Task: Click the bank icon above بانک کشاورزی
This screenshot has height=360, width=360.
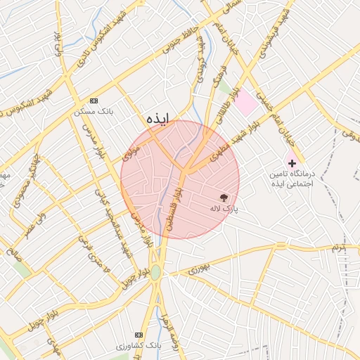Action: coord(139,335)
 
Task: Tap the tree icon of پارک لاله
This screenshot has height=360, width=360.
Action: coord(224,198)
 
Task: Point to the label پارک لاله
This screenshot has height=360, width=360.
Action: coord(224,209)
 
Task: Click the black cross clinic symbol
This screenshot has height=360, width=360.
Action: coord(292,162)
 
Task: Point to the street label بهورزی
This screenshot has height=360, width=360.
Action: coord(199,268)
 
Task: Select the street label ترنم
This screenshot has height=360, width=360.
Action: coord(340,247)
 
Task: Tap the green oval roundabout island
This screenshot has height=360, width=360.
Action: coord(155,273)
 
